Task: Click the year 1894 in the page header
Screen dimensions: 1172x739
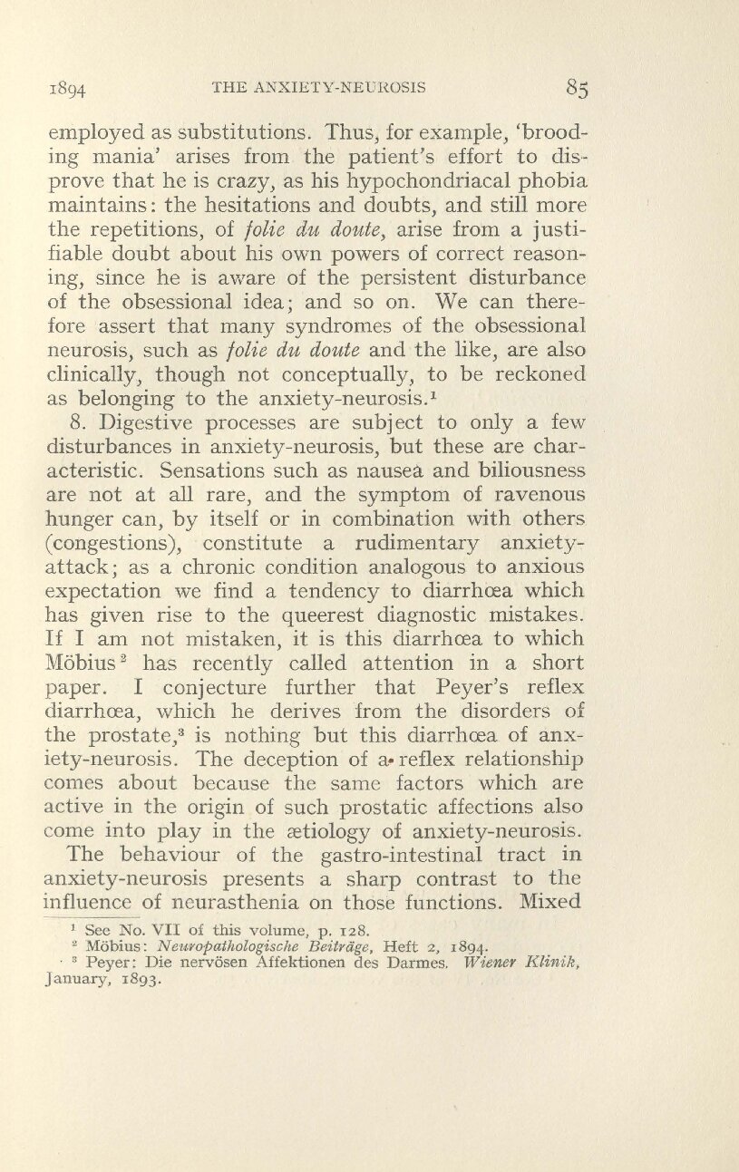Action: (68, 90)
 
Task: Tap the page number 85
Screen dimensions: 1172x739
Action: (576, 88)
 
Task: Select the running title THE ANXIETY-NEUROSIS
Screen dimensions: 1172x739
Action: (319, 87)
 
